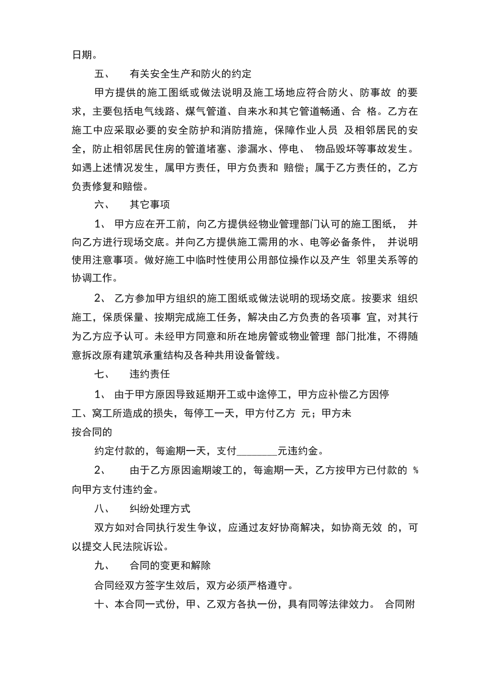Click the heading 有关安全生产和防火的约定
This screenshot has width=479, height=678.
191,74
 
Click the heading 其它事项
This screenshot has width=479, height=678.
150,205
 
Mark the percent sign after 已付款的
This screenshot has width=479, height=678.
415,471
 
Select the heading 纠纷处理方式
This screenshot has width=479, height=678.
160,508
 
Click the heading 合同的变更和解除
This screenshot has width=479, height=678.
170,566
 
